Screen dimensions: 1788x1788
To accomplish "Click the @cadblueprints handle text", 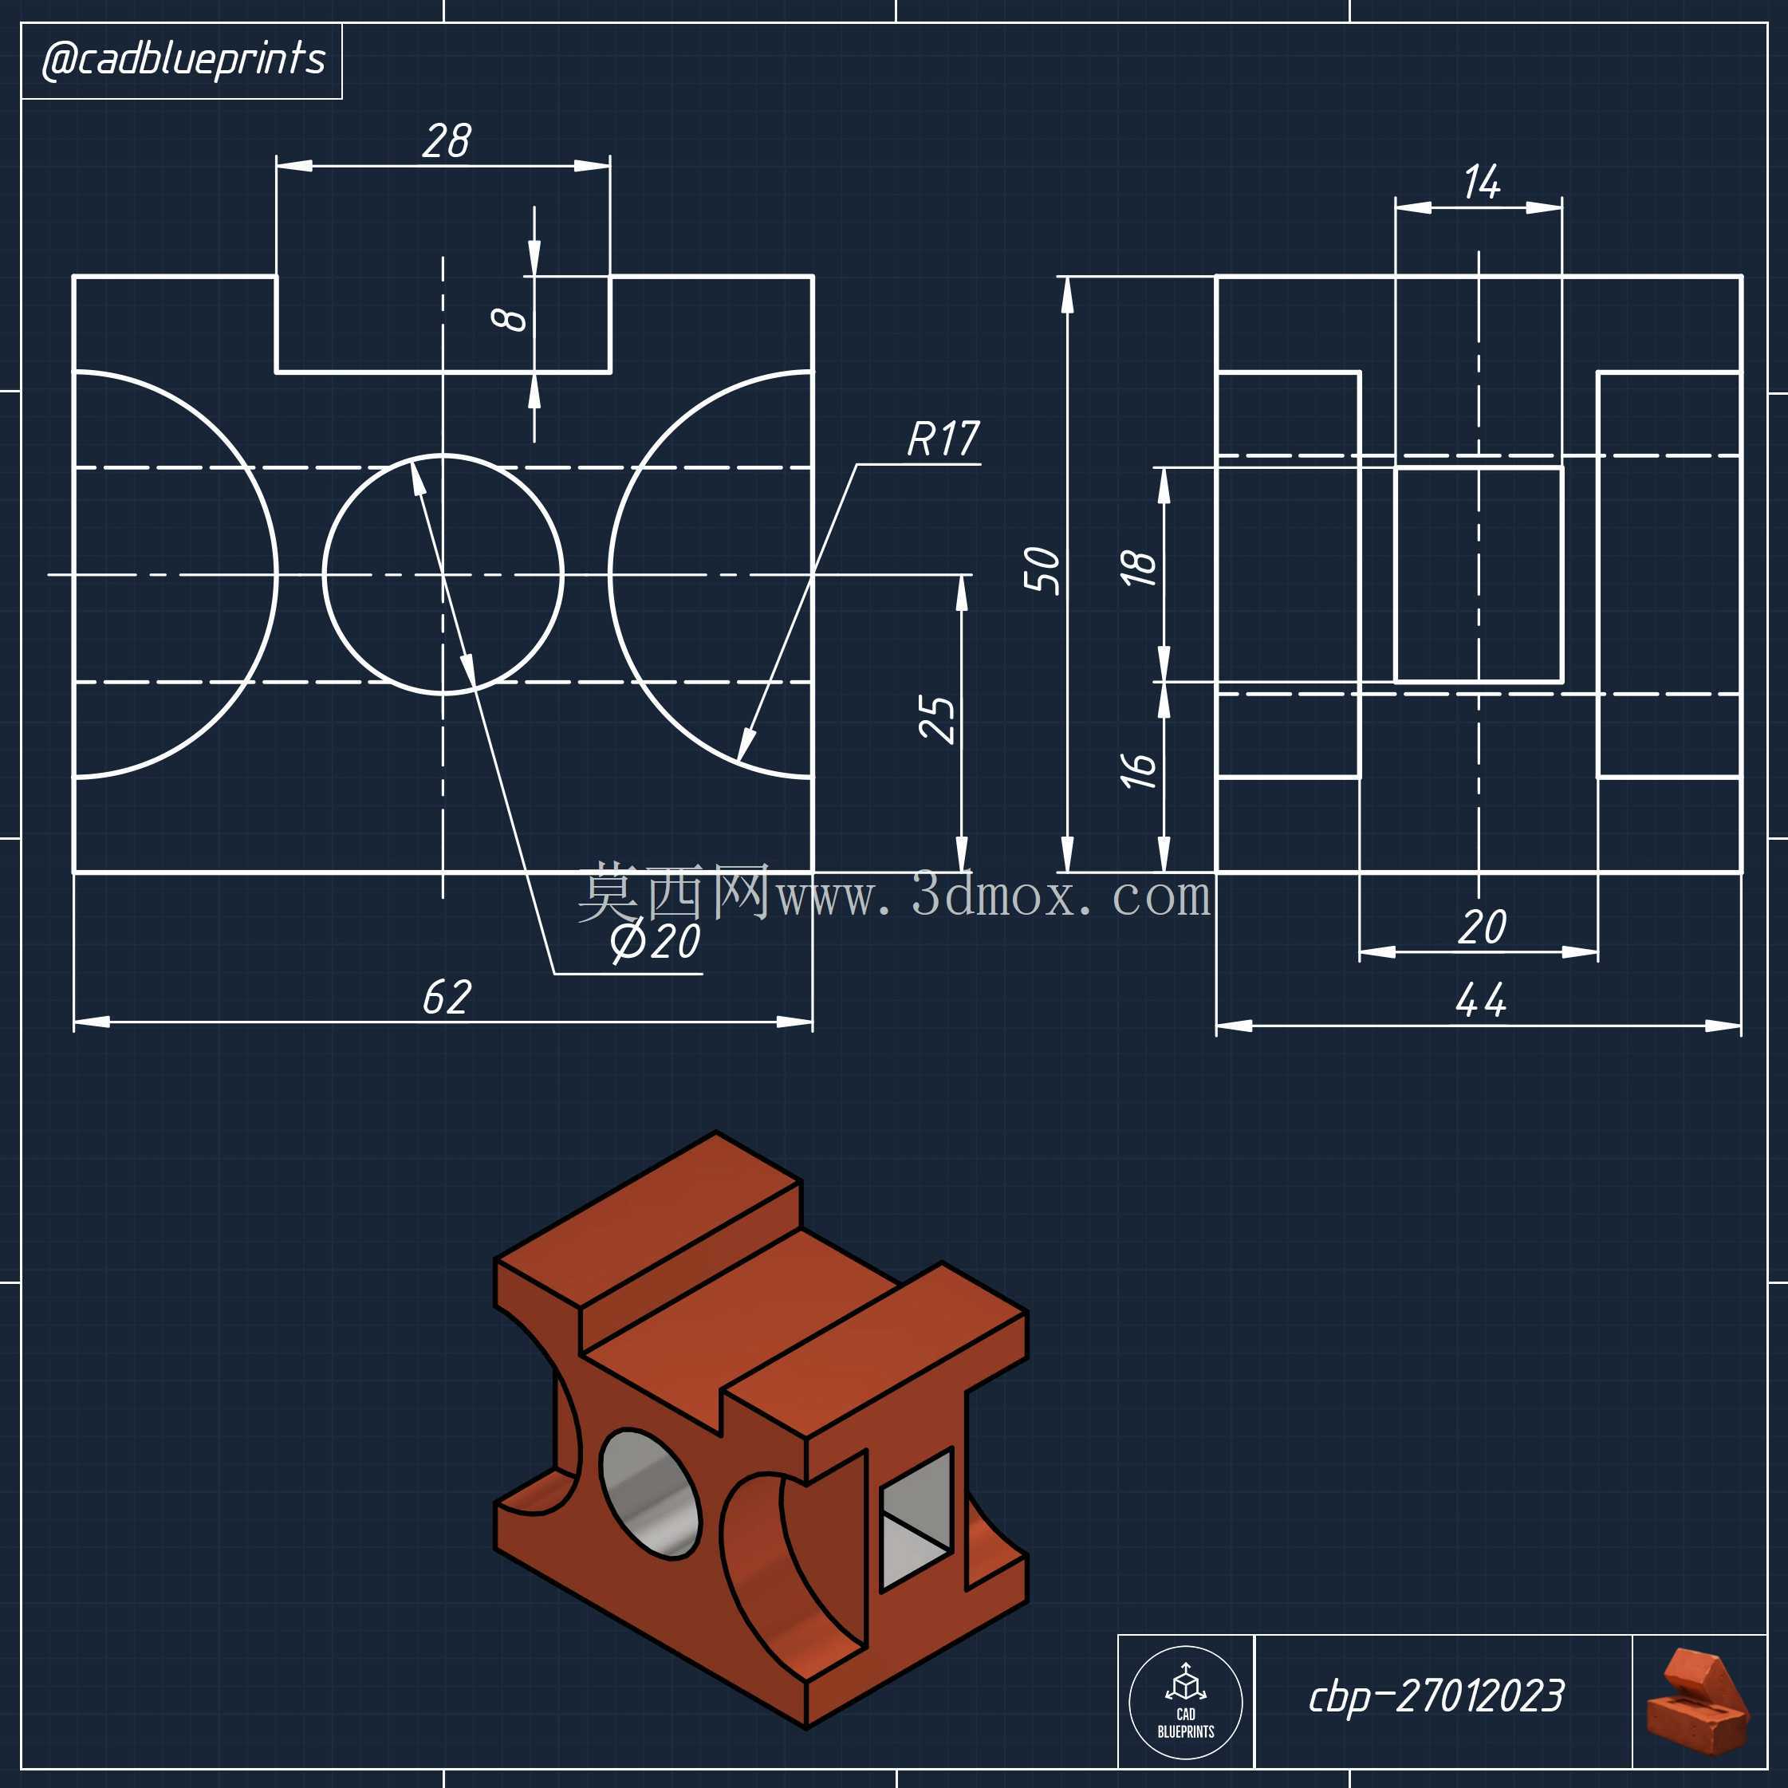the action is click(x=183, y=59).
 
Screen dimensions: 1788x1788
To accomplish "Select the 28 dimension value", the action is click(x=447, y=140).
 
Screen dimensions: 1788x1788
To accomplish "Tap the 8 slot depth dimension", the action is click(x=509, y=319).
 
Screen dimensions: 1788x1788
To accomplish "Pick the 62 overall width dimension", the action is click(x=447, y=998).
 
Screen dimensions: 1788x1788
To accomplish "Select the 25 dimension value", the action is click(x=936, y=719).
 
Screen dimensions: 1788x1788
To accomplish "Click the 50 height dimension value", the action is click(x=1042, y=569).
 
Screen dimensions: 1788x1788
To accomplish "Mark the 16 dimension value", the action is click(x=1138, y=770).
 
